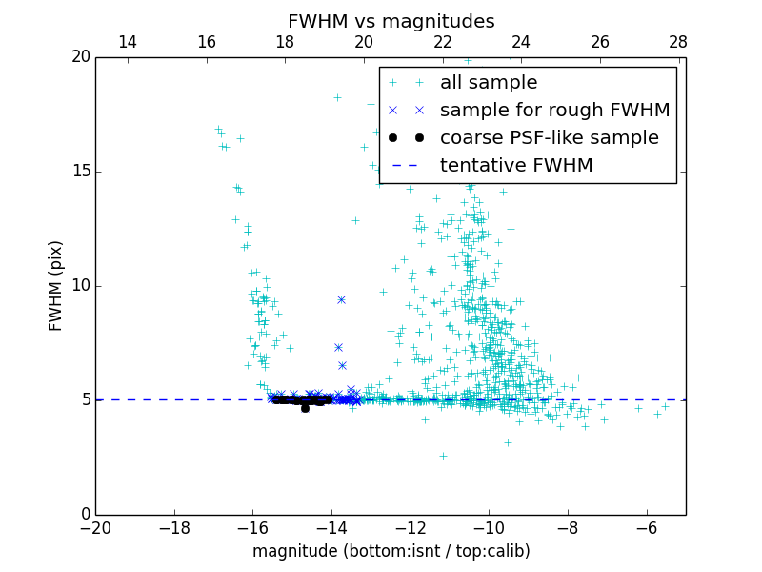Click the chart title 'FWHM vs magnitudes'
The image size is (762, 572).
point(391,21)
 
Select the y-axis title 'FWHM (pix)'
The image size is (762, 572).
point(56,285)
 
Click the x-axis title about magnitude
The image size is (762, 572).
point(391,551)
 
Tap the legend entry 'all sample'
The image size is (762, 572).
point(489,83)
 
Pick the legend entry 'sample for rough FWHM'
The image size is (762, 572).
point(554,110)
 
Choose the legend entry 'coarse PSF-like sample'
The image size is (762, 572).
point(549,137)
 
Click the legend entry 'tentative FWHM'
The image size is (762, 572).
point(516,165)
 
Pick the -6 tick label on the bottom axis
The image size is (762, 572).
point(647,528)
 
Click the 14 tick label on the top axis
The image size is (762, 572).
point(128,42)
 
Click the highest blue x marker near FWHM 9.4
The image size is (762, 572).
point(341,299)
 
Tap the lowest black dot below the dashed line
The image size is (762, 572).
point(305,408)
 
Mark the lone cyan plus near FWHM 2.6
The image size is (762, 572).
point(443,456)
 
